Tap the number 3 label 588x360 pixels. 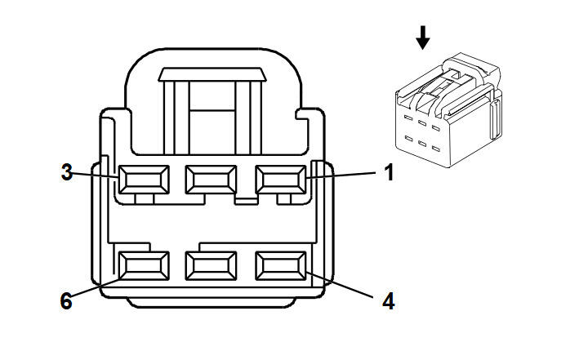tap(67, 173)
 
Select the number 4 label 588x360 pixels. tap(389, 301)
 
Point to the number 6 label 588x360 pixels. tap(66, 301)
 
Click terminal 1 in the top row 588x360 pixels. tap(280, 179)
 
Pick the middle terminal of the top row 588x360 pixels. tap(211, 179)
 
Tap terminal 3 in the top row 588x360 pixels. tap(143, 179)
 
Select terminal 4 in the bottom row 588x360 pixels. tap(280, 265)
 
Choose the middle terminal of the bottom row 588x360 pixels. tap(211, 265)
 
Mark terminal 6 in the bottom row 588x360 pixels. tap(143, 265)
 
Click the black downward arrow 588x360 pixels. tap(422, 38)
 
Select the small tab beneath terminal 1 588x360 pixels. tap(285, 199)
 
